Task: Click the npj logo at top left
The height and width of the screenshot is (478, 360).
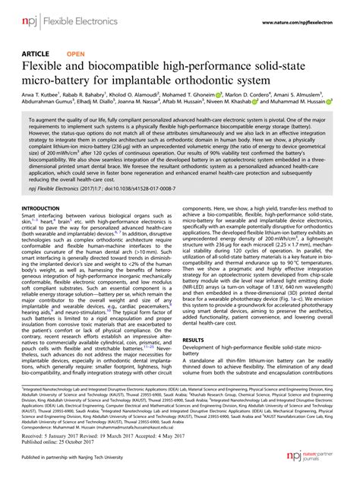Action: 30,14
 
